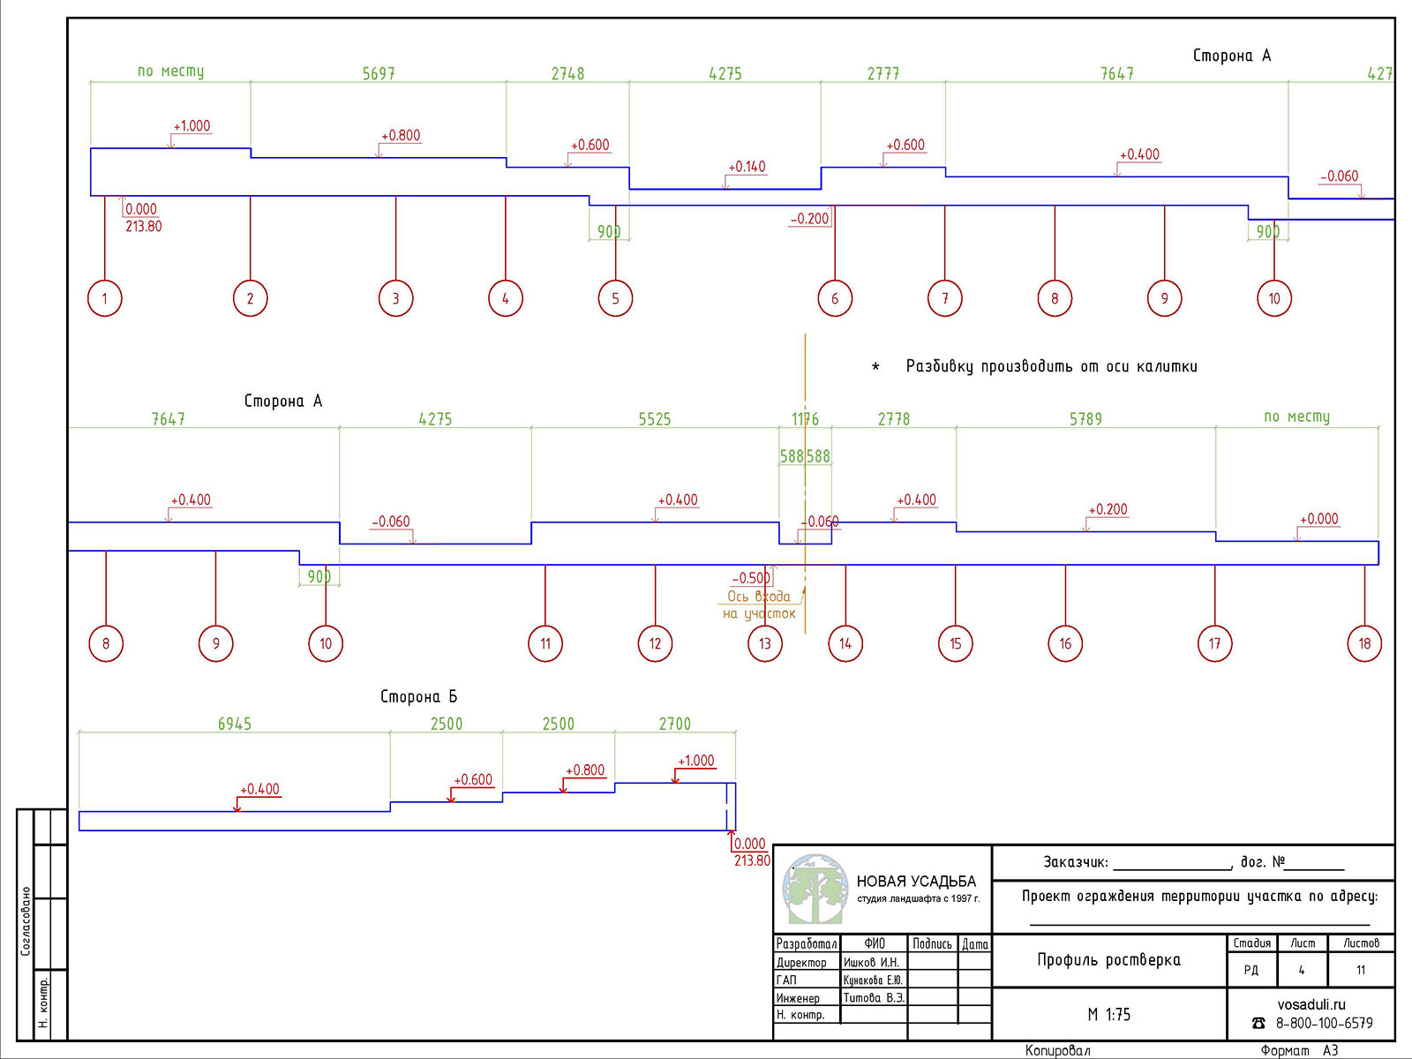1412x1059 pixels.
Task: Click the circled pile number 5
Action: point(615,298)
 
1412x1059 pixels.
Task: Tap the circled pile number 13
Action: point(765,643)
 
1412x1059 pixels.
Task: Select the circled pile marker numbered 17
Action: point(1215,643)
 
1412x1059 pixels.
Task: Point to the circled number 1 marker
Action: point(105,298)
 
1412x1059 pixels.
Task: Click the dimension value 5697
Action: point(379,74)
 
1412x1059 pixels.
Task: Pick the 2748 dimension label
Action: point(567,74)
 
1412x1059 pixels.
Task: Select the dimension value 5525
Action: point(655,419)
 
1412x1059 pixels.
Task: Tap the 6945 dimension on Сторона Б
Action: point(235,724)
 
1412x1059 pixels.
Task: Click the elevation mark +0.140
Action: point(747,167)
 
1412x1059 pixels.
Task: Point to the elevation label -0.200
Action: point(809,219)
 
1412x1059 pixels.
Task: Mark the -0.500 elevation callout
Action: point(751,578)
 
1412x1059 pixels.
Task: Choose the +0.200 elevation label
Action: point(1108,509)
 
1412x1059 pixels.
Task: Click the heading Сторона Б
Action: point(418,696)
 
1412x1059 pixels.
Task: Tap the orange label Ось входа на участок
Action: point(759,605)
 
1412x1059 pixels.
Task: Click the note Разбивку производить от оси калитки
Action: point(1051,366)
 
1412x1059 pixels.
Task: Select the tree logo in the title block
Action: point(815,890)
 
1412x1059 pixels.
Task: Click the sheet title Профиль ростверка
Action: point(1108,960)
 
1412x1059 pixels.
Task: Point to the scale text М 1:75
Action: point(1108,1015)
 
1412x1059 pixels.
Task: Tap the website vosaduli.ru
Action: point(1311,1004)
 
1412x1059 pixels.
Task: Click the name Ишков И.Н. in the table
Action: point(871,963)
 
